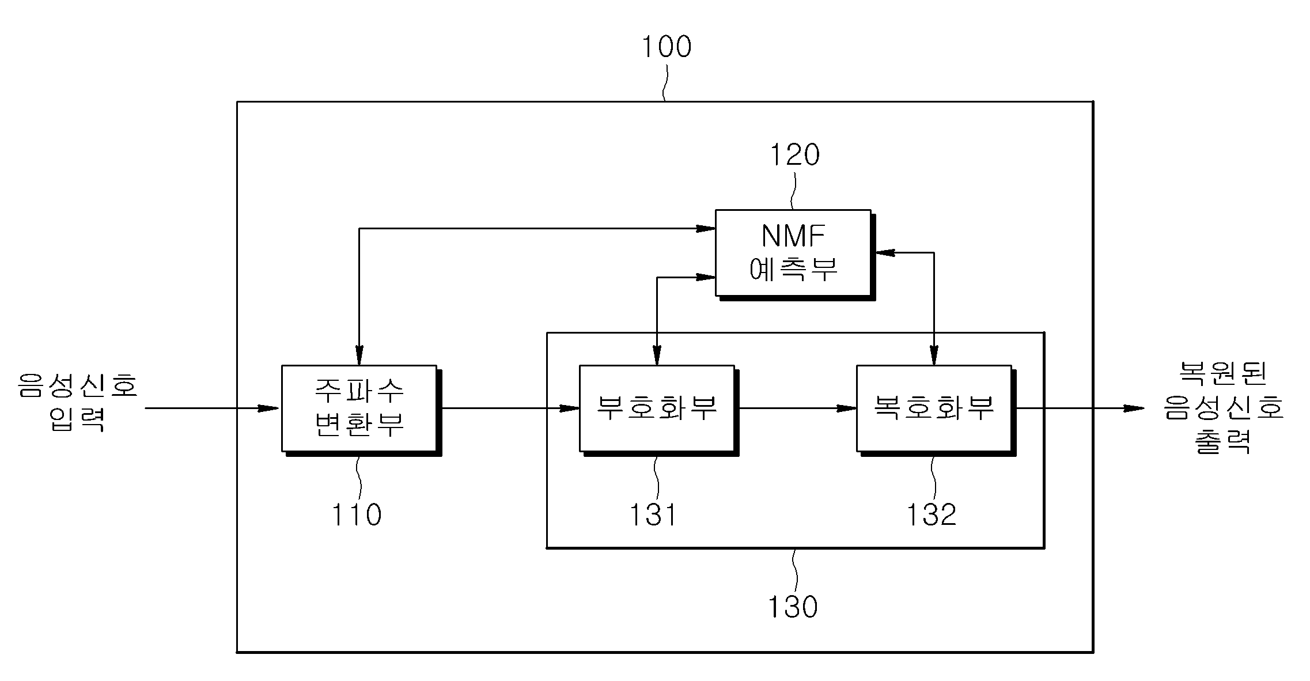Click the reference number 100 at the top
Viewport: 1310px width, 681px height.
coord(667,47)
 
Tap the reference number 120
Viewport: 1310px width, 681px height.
coord(795,155)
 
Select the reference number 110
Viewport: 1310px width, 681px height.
coord(356,514)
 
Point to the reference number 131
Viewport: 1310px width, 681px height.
coord(653,514)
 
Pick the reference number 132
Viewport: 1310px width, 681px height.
coord(932,514)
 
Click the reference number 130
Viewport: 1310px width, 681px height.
coord(793,607)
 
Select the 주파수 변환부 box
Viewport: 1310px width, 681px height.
coord(361,410)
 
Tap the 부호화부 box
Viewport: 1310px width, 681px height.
coord(659,410)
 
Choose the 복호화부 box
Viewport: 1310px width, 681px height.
coord(936,410)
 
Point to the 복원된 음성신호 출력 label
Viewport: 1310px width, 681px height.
coord(1224,407)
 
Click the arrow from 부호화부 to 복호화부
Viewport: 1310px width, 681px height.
coord(798,408)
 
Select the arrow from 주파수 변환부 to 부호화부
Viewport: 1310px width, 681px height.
coord(510,408)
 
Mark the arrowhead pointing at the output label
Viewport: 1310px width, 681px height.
coord(1133,408)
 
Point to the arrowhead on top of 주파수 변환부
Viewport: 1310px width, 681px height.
coord(359,354)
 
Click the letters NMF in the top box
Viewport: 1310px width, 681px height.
coord(793,235)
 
